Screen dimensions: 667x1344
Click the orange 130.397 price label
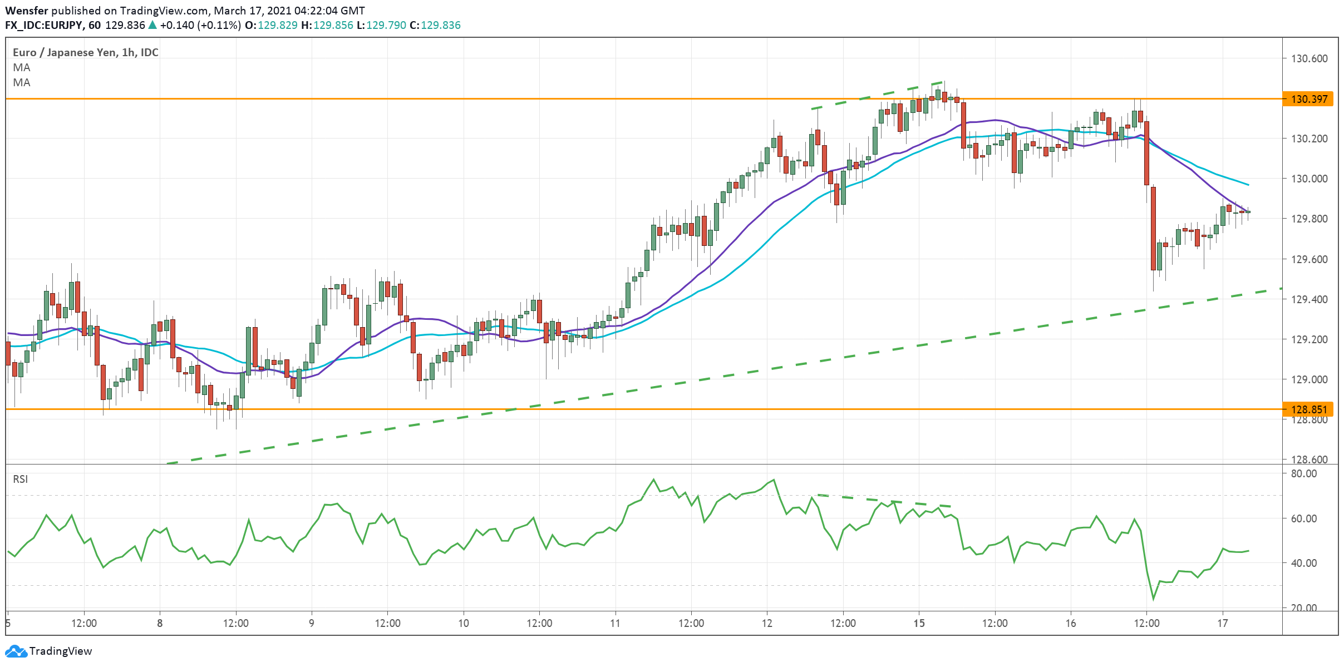click(x=1308, y=99)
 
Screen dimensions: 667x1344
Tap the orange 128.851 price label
click(x=1308, y=409)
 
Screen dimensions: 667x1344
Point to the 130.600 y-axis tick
click(x=1309, y=58)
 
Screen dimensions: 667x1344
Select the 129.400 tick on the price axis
click(x=1309, y=299)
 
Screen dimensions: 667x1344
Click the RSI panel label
click(x=20, y=479)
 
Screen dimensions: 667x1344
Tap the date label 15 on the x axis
click(x=919, y=623)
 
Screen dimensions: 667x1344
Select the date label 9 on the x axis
click(x=312, y=623)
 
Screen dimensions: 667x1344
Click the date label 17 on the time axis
click(x=1222, y=623)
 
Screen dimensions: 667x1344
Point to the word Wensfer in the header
click(x=26, y=11)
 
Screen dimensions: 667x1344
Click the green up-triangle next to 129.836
click(x=152, y=25)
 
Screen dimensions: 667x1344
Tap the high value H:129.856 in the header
click(x=327, y=25)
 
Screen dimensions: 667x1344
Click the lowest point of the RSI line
click(x=1153, y=599)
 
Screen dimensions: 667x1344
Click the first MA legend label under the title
click(x=22, y=67)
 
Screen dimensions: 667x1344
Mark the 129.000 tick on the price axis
click(x=1309, y=379)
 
